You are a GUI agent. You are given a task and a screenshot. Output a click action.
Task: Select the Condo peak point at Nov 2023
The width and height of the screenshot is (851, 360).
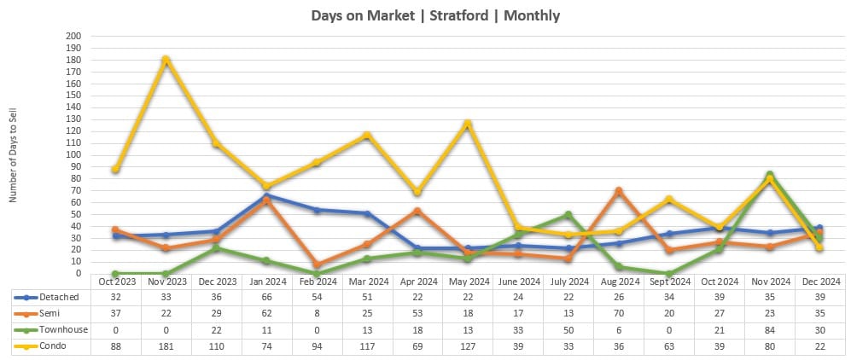166,60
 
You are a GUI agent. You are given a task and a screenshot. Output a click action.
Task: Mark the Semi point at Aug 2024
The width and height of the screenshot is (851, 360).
619,191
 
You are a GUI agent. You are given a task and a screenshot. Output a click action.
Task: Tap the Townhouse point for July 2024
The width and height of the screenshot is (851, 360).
568,215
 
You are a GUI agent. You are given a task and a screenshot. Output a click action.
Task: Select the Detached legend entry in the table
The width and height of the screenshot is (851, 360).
51,297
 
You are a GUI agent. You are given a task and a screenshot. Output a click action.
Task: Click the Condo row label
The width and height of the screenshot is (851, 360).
48,345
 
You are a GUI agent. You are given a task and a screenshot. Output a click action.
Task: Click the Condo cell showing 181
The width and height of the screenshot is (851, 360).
166,345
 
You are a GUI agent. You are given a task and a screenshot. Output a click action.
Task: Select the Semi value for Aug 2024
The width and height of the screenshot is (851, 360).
619,313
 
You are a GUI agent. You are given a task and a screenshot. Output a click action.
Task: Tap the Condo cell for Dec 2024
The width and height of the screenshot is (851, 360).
819,345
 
